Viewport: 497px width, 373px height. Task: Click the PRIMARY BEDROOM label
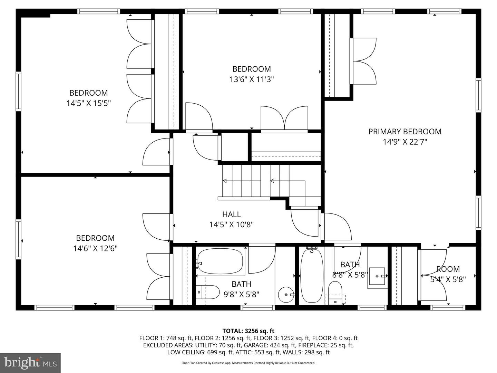[x=405, y=132]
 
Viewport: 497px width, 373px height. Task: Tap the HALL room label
[x=231, y=214]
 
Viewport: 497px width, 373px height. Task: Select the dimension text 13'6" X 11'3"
[x=251, y=80]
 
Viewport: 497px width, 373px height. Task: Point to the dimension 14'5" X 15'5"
[x=88, y=103]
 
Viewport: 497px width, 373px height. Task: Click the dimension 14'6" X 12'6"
[x=95, y=248]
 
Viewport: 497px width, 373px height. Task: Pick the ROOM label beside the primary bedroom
[x=448, y=269]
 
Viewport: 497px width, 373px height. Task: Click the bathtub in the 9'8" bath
[x=220, y=261]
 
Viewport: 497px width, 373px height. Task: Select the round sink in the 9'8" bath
[x=286, y=295]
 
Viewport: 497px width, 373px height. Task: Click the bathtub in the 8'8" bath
[x=312, y=276]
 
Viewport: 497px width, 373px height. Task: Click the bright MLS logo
[x=30, y=363]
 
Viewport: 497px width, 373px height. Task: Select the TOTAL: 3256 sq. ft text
[x=248, y=331]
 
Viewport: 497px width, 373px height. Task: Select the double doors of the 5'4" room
[x=433, y=276]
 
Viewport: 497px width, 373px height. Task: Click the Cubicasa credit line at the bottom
[x=248, y=363]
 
